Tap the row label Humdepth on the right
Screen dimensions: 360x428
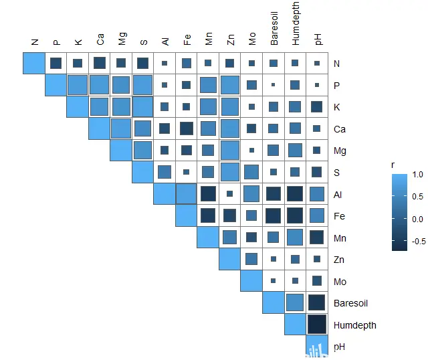pos(354,325)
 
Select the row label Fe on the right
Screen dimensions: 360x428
pos(339,216)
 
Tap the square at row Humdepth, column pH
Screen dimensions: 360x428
pos(317,325)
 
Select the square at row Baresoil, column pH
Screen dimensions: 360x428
pos(317,303)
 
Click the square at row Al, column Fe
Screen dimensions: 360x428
pos(187,194)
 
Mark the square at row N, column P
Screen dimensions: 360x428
pos(56,64)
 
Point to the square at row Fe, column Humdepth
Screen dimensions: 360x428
pos(295,215)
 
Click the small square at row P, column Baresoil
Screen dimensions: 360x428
pos(273,85)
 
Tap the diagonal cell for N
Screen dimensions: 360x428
pos(34,64)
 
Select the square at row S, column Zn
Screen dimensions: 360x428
pos(230,172)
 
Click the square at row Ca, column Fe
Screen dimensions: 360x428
pos(187,128)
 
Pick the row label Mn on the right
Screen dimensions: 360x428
pos(340,238)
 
